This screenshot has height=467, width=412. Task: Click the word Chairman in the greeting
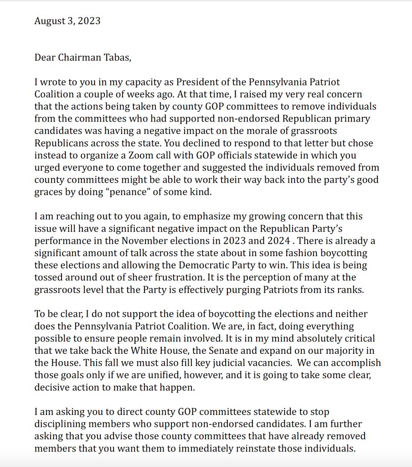coord(79,58)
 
